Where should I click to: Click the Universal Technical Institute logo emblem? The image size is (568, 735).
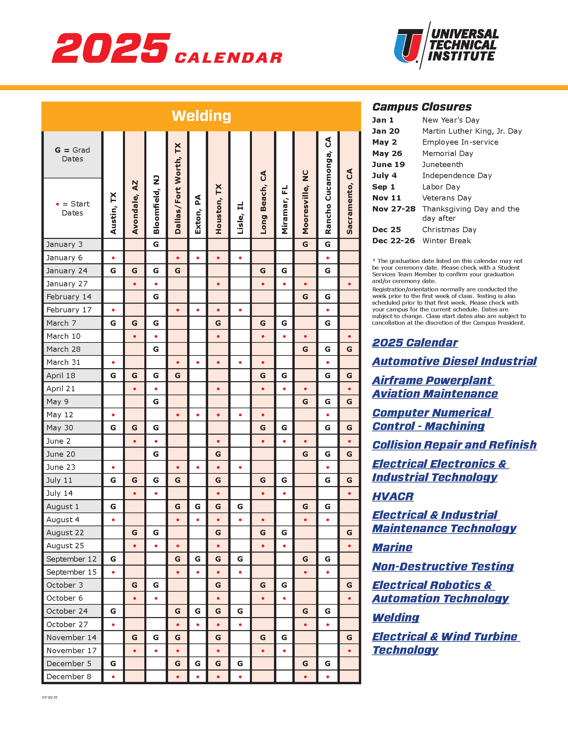coord(409,46)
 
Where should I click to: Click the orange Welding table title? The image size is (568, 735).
coord(201,116)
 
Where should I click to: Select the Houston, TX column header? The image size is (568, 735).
coord(219,209)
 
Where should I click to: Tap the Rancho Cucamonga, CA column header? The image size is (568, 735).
coord(328,185)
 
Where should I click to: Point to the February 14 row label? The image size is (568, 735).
coord(68,297)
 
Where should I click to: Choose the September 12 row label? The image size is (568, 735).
coord(72,559)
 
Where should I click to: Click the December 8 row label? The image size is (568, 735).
coord(68,677)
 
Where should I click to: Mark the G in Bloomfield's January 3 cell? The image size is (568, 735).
coord(156,244)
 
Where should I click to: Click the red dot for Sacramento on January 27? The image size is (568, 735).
coord(349,284)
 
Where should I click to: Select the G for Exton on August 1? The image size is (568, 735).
coord(198,506)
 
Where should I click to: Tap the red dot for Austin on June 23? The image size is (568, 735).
coord(113,467)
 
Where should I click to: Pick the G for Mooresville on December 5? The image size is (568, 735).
coord(305,664)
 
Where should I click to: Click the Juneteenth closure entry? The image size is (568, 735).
coord(442,165)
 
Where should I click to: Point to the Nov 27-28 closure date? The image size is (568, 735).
coord(394,209)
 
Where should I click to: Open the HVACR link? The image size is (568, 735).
coord(393,496)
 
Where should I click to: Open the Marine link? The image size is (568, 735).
coord(392,548)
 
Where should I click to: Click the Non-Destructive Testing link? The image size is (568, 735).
coord(443,566)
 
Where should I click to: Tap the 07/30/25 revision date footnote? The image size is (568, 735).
coord(49,697)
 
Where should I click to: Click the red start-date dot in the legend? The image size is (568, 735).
coord(57,204)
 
